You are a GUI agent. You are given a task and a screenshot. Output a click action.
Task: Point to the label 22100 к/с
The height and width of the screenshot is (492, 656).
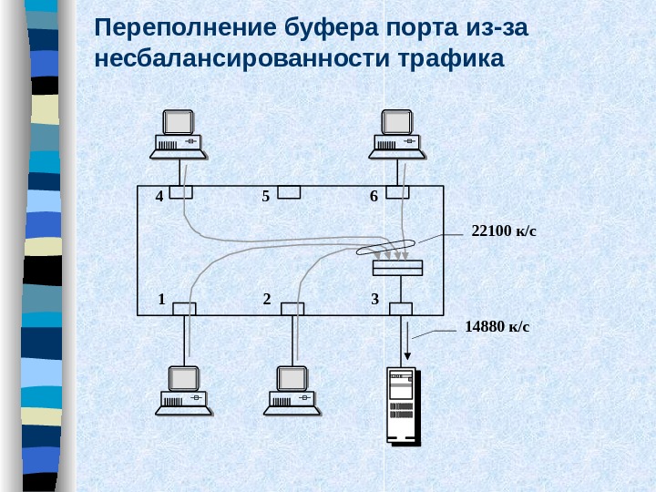click(x=504, y=231)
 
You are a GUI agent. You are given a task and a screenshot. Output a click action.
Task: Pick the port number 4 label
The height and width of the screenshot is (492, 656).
click(x=159, y=196)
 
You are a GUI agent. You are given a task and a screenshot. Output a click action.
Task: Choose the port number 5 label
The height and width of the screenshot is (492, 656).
click(x=265, y=196)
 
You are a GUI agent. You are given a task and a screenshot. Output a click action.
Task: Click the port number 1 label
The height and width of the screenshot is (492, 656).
click(x=160, y=299)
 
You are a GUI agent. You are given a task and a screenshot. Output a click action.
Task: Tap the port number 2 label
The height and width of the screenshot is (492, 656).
click(x=266, y=299)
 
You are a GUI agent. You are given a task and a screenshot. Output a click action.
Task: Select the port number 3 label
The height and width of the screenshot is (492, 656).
click(x=374, y=299)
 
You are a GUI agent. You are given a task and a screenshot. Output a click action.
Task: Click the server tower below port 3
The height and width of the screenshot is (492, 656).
click(x=402, y=406)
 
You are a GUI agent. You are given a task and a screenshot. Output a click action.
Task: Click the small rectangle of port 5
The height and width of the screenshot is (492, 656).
click(x=289, y=191)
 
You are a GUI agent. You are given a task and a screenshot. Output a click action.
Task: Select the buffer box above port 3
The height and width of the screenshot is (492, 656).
click(x=397, y=267)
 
